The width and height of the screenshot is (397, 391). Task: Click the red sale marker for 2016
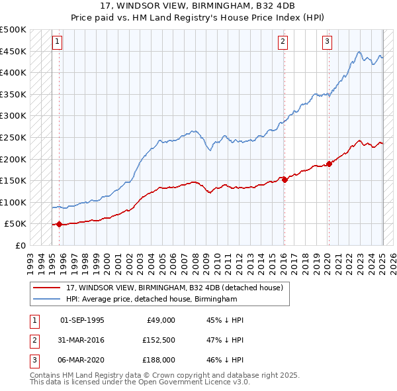point(285,179)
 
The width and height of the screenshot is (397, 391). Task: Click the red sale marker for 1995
point(59,224)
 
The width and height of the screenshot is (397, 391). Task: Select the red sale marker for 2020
point(329,164)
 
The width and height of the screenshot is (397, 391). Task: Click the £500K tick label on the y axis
point(13,30)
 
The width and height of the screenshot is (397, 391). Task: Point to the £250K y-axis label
point(13,137)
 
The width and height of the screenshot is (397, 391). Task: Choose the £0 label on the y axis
point(21,245)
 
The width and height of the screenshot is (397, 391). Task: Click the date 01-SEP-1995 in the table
point(82,320)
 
